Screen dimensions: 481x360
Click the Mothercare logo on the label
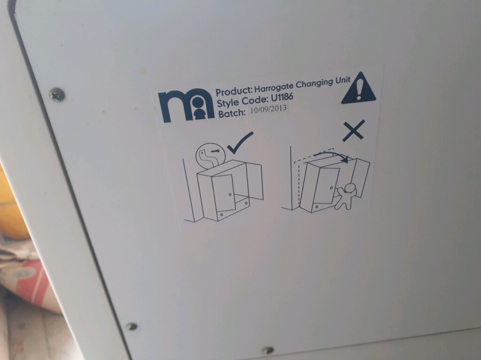186,106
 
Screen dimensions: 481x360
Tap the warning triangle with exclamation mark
359,88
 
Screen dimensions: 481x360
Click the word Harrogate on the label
274,87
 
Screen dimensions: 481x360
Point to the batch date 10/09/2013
268,109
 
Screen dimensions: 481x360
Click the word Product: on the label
234,91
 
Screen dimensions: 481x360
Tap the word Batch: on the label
232,114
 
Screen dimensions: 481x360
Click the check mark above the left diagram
241,142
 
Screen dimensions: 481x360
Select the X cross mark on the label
353,130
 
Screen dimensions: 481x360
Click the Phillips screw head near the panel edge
57,95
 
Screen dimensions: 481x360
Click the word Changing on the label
314,84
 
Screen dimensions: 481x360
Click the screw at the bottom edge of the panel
269,350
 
